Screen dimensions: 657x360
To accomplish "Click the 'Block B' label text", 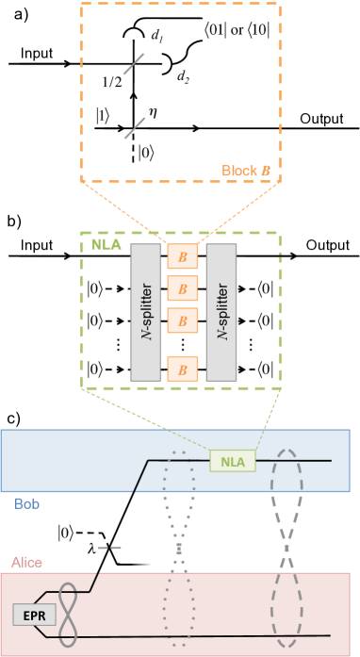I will point(246,171).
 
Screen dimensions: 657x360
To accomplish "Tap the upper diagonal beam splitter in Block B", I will point(134,64).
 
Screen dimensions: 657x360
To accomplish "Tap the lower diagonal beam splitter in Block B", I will point(135,127).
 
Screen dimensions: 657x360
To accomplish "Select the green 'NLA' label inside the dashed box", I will point(106,244).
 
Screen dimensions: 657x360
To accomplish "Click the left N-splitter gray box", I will point(145,312).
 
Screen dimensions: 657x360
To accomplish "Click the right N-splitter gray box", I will point(221,312).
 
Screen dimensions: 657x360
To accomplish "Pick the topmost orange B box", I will point(183,255).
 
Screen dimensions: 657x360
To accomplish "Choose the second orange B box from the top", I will point(183,287).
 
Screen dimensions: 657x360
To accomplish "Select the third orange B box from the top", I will point(183,320).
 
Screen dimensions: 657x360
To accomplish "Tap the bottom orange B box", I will point(183,370).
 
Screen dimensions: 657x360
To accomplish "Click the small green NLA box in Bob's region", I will point(232,461).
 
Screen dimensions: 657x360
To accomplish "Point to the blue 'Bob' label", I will point(26,504).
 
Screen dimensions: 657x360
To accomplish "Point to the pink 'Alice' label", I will point(26,563).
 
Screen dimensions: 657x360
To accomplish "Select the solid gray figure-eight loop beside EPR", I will point(68,615).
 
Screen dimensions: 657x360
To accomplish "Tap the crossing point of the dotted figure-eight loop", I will point(178,544).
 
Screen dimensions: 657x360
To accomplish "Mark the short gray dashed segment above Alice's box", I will point(109,548).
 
